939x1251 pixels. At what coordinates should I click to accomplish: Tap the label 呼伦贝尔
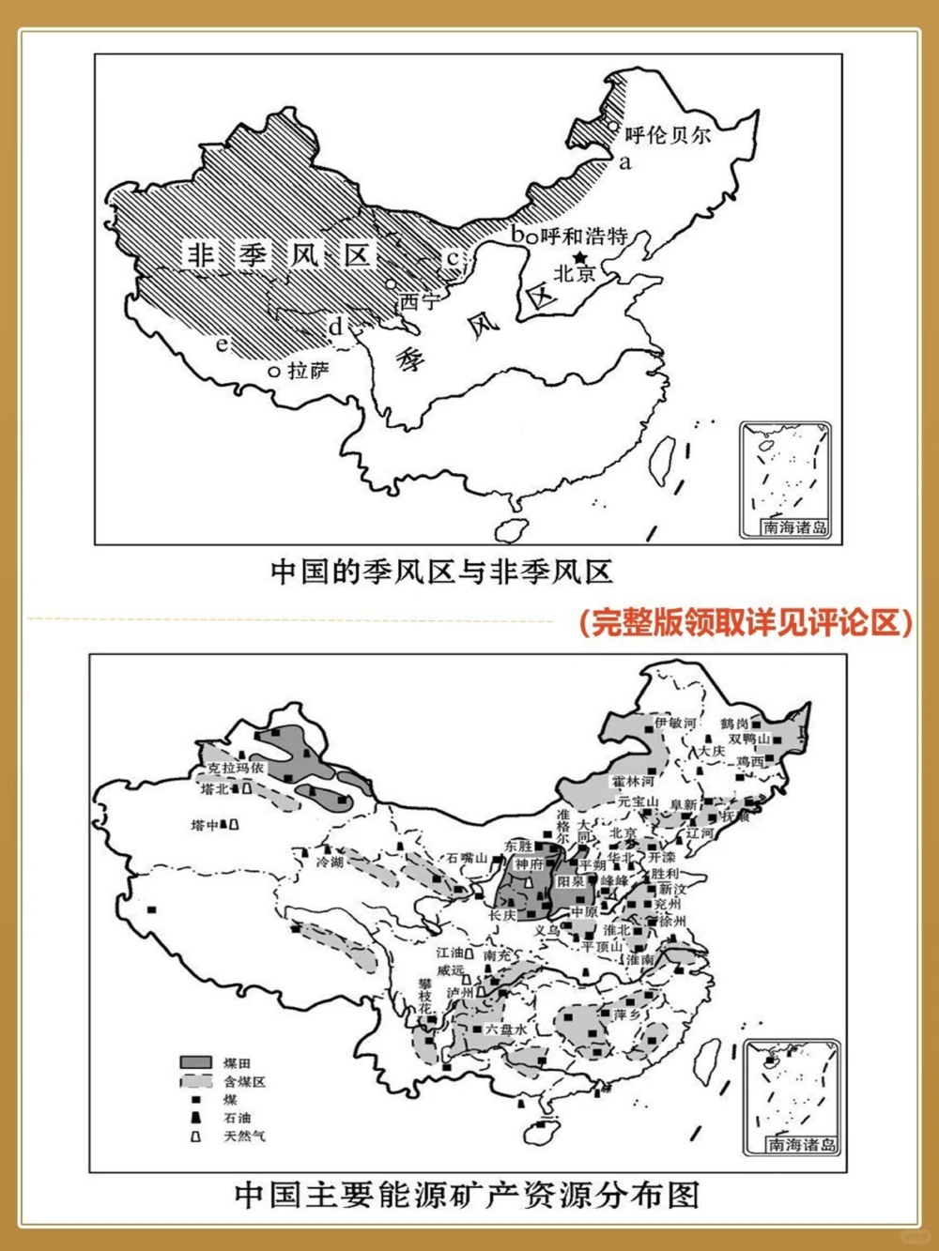(667, 135)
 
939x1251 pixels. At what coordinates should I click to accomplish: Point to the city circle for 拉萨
(274, 372)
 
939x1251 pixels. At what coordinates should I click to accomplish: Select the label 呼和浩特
(583, 236)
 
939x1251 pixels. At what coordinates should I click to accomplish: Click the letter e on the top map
(222, 344)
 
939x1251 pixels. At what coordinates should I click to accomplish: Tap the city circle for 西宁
(391, 284)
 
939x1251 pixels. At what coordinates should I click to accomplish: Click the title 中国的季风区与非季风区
(441, 572)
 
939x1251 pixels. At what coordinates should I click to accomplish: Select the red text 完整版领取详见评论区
(744, 622)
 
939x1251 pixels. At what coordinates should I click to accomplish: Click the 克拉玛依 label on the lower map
(236, 768)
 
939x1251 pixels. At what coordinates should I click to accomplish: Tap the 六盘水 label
(506, 1029)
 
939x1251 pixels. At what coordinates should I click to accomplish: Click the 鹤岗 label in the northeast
(734, 724)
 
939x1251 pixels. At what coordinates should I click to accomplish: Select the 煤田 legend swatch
(195, 1062)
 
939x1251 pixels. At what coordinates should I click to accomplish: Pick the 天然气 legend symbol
(195, 1136)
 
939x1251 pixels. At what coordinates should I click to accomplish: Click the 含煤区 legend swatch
(195, 1081)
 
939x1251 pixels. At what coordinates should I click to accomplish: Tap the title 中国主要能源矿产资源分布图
(467, 1195)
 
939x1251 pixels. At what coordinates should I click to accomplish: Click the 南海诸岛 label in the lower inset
(801, 1144)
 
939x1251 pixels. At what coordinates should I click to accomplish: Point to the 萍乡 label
(626, 1015)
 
